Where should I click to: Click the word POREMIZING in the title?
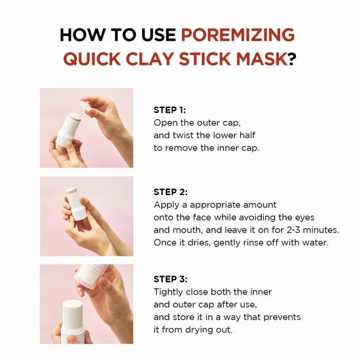click(x=238, y=35)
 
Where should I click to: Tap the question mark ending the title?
click(x=292, y=59)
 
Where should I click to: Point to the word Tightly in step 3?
click(x=170, y=292)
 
